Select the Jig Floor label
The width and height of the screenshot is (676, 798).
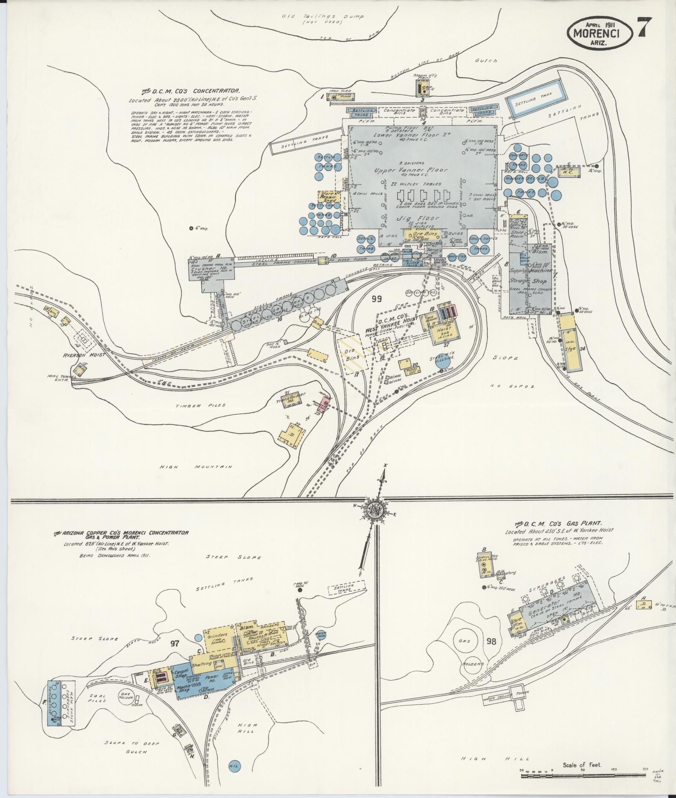pyautogui.click(x=421, y=219)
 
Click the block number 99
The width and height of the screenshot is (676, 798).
pyautogui.click(x=376, y=298)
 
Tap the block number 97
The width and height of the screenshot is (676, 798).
pyautogui.click(x=174, y=655)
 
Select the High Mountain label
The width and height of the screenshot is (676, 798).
pyautogui.click(x=197, y=467)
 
